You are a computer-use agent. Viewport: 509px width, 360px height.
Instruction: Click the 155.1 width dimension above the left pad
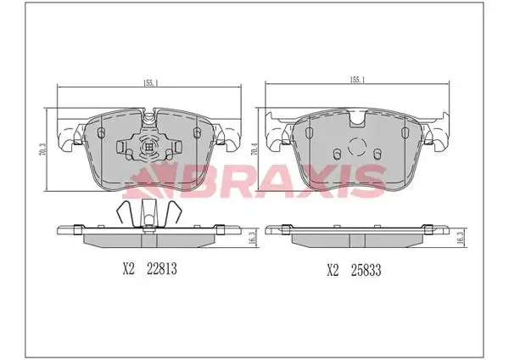click(150, 83)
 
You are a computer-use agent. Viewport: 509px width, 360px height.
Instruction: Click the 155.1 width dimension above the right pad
click(357, 80)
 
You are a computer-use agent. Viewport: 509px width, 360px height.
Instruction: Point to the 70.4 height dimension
click(255, 149)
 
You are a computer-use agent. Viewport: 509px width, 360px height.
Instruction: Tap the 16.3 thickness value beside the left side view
click(255, 239)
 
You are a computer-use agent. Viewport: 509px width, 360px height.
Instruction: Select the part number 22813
click(162, 269)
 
